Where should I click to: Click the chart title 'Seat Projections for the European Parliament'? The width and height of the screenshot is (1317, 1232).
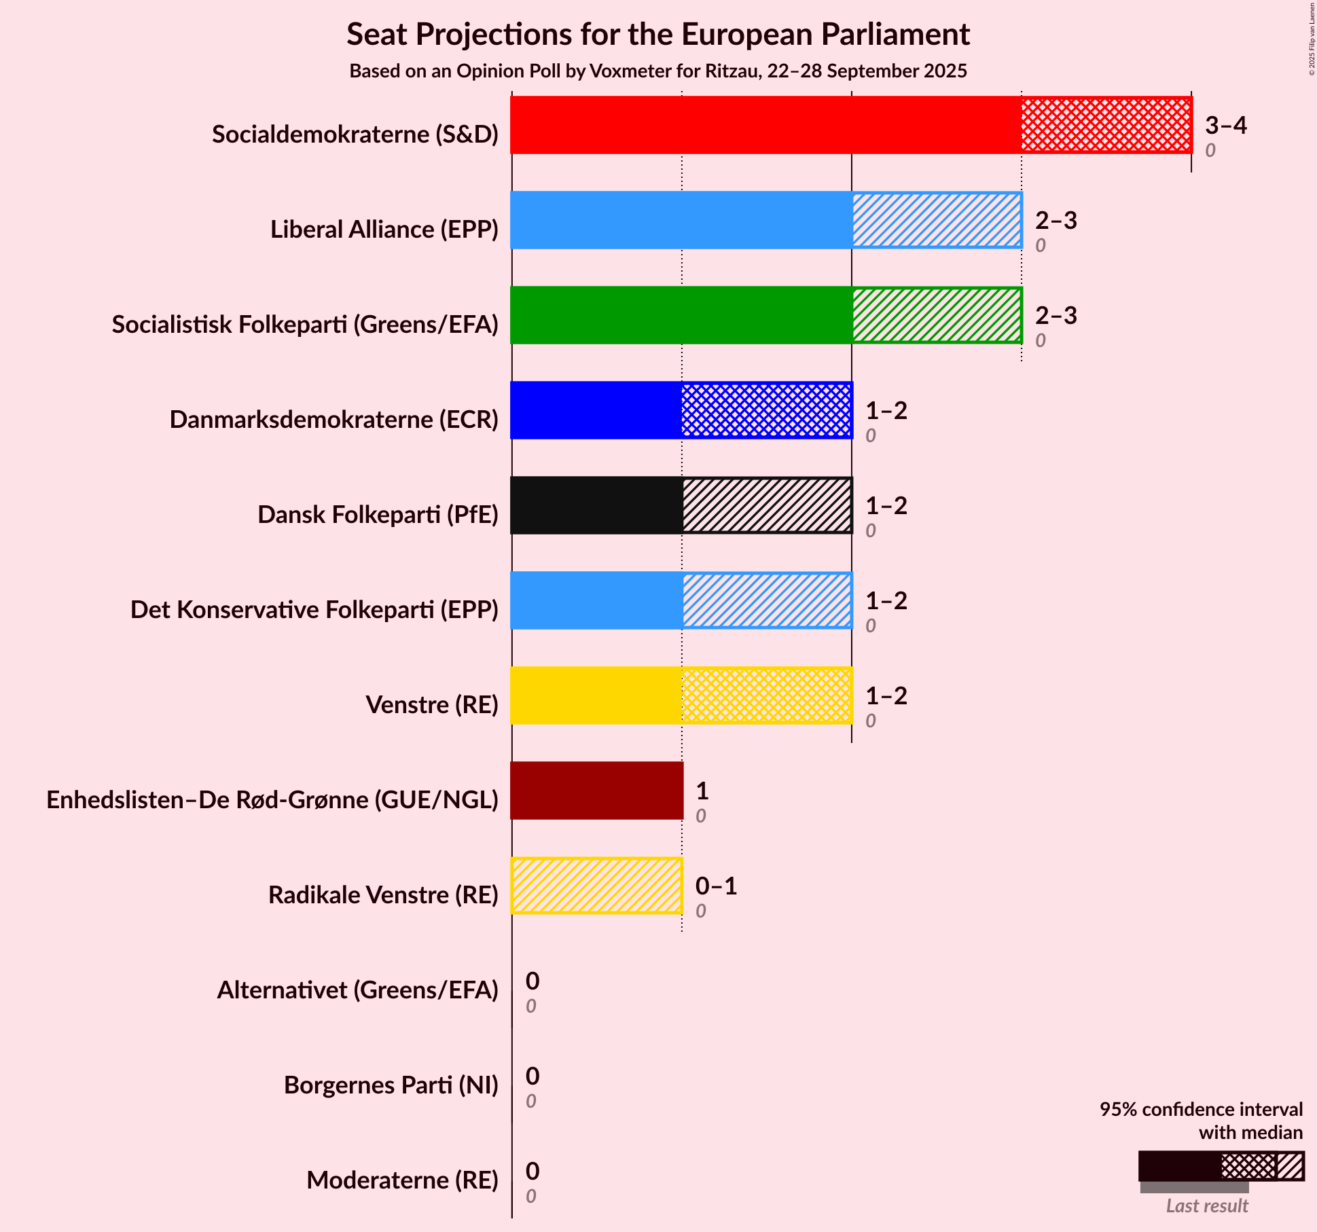point(657,35)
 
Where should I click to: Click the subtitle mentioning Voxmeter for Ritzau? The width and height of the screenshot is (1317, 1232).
point(657,71)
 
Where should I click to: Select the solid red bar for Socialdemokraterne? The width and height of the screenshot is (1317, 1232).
point(765,125)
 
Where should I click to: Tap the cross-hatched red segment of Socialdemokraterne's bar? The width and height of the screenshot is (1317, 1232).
point(1106,125)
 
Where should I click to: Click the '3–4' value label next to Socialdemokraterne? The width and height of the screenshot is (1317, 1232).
point(1225,126)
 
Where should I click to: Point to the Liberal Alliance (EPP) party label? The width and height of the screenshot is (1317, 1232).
point(384,230)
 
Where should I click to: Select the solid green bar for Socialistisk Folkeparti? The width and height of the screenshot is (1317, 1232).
point(681,315)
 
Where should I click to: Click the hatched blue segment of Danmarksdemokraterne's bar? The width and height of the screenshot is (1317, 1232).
point(766,410)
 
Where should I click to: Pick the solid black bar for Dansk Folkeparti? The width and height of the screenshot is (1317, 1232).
point(596,505)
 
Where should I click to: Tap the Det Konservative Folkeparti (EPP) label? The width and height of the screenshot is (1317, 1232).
point(314,610)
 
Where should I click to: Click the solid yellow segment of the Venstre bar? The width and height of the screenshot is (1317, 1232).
point(596,695)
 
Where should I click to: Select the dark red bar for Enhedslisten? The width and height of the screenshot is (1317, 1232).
point(596,791)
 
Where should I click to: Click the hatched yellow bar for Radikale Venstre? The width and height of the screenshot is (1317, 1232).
point(596,886)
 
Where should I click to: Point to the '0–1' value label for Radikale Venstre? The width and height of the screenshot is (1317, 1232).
point(716,886)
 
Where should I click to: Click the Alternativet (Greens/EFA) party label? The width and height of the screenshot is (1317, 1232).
point(357,990)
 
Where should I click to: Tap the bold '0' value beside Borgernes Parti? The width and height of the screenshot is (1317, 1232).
point(533,1076)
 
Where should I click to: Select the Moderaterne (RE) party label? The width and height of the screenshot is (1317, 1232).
point(402,1180)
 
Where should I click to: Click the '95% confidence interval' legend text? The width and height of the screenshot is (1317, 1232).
point(1201,1110)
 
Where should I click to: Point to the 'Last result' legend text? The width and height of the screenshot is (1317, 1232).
point(1207,1206)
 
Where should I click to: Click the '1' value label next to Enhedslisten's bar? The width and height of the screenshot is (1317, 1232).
point(702,791)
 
